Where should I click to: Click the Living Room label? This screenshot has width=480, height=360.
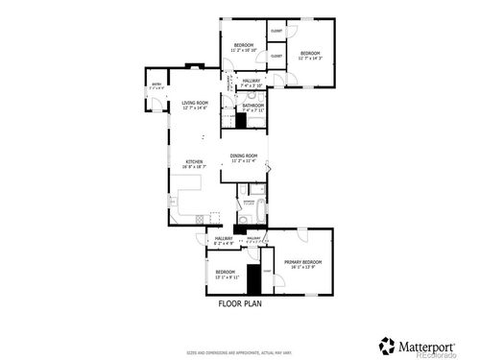click(195, 104)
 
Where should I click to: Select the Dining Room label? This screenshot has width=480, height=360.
click(245, 157)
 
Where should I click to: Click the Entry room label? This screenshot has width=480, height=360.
click(156, 85)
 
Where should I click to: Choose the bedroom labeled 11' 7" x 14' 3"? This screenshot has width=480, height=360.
click(308, 56)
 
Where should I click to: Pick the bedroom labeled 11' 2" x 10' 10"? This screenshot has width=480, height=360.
click(244, 48)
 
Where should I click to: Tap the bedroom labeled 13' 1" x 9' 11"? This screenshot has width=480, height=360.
click(226, 275)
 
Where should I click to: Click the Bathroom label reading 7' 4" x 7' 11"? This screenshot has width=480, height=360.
click(252, 108)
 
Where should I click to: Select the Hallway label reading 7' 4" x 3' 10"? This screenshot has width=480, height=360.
click(252, 83)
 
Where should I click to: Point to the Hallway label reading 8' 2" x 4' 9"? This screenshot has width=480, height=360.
click(224, 240)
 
